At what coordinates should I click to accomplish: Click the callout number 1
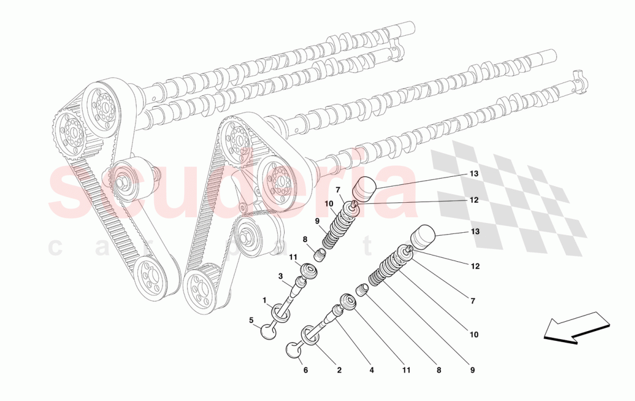coord(264,300)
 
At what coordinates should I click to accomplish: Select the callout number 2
coord(339,370)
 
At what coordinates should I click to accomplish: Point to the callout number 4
coord(372,370)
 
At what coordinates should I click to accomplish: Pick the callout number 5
coord(252,320)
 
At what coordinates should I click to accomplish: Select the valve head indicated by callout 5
coord(270,330)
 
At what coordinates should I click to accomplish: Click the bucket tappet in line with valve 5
coord(364,188)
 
